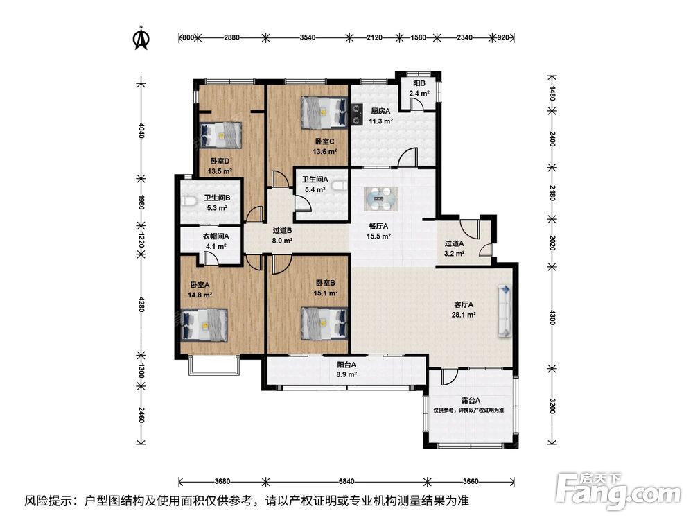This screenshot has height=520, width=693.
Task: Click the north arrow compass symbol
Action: tap(141, 38)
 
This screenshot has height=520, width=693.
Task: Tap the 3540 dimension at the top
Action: tap(308, 37)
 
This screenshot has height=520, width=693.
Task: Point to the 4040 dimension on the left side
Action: tap(141, 130)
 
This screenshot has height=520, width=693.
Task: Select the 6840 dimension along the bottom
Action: tap(346, 481)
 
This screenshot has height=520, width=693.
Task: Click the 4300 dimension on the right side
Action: tap(552, 318)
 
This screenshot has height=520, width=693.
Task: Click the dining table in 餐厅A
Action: tap(381, 198)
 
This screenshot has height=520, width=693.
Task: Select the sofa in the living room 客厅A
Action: tap(505, 311)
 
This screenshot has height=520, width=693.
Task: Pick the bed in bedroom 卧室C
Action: tap(324, 113)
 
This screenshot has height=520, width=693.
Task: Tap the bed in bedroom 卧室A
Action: tap(204, 325)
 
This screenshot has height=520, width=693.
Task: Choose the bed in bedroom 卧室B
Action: tap(324, 324)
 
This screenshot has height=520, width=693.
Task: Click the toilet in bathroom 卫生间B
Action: tap(188, 202)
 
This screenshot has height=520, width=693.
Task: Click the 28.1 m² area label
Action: tap(464, 315)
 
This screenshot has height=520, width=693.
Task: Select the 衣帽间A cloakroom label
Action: tap(216, 236)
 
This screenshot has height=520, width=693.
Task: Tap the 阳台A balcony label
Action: tap(346, 365)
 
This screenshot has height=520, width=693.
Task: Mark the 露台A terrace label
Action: tap(471, 401)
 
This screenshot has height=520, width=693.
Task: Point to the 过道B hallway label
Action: tap(282, 231)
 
